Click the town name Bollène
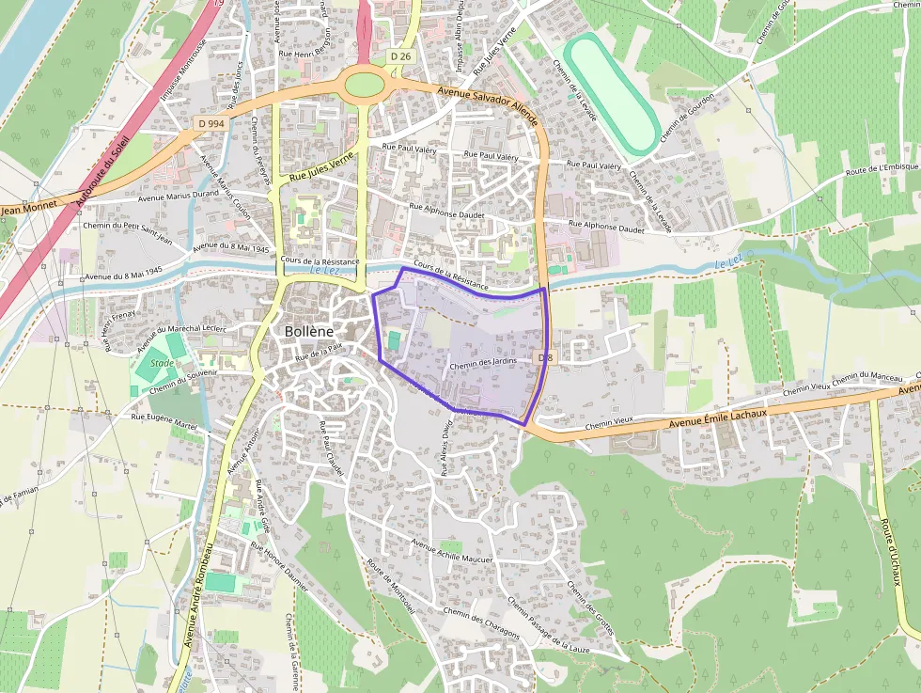pos(312,332)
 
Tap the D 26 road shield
pos(400,56)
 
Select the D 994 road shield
pos(211,123)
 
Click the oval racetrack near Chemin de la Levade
pos(613,93)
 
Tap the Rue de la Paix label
pos(319,352)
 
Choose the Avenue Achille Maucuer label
pos(452,551)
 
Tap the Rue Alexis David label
pos(447,448)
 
